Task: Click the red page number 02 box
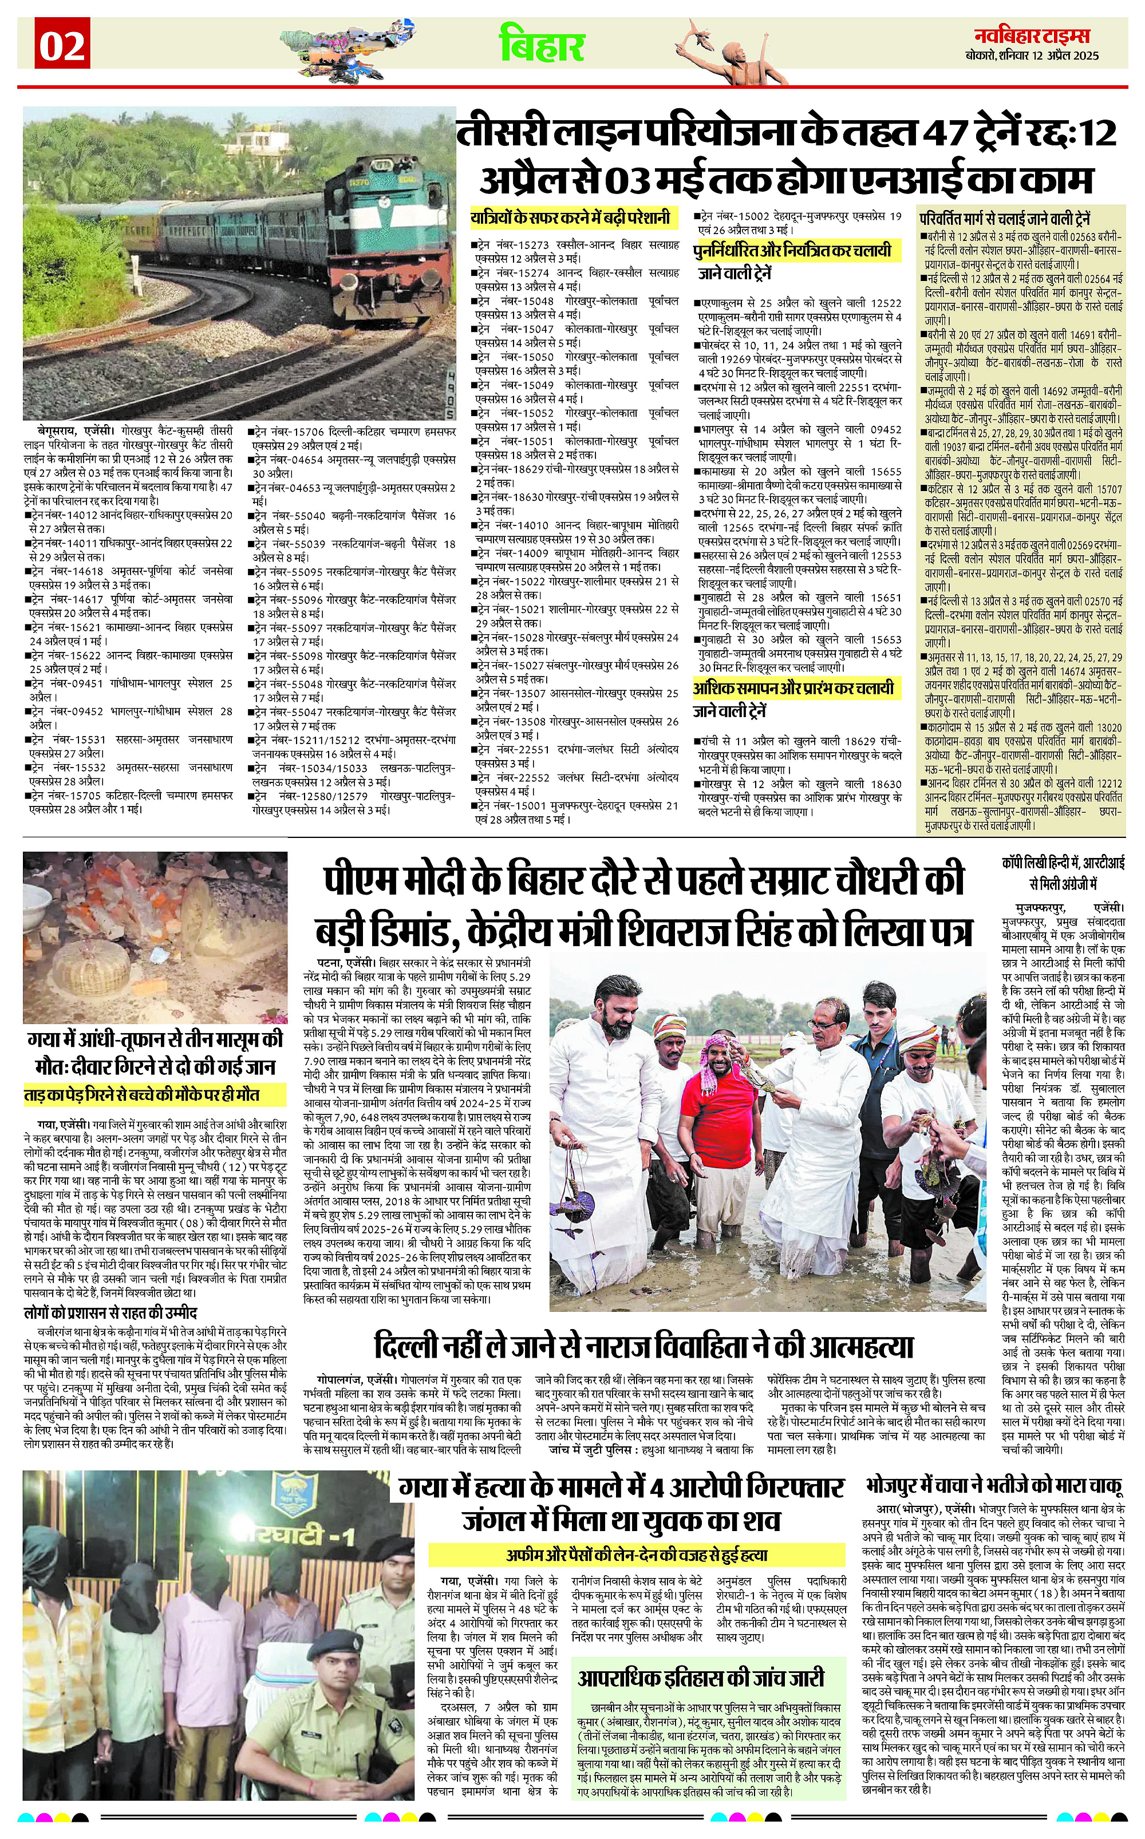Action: click(62, 46)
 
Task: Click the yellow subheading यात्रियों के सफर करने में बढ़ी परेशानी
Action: click(571, 218)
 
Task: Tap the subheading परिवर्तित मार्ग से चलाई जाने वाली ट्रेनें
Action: click(1005, 219)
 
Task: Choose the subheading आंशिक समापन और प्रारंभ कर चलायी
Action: click(793, 688)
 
